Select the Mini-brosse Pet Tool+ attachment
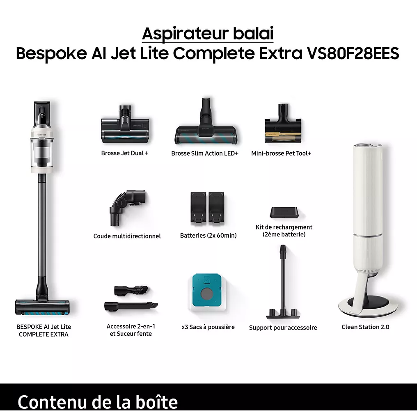coord(283,124)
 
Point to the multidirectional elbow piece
coord(127,207)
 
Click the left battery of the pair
coord(198,207)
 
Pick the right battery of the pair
coord(216,207)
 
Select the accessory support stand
coord(283,282)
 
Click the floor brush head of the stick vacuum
coord(42,307)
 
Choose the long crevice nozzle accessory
coord(131,306)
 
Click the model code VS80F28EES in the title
coord(353,53)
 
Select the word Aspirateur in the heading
coord(186,34)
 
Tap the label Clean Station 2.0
coord(365,327)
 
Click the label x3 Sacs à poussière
coord(208,327)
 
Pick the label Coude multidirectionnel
coord(127,236)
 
